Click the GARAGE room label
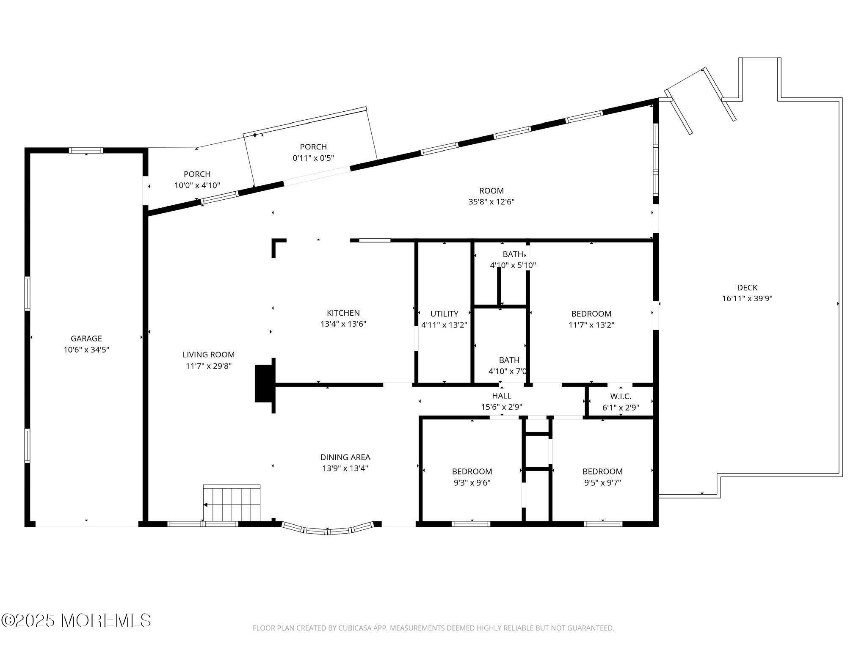tap(86, 339)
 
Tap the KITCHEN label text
tap(343, 313)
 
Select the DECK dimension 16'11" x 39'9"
tap(747, 298)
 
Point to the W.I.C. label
tap(621, 397)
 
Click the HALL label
tap(502, 396)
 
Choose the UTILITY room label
tap(444, 314)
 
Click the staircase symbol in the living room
tap(232, 504)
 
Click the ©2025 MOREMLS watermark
tap(76, 621)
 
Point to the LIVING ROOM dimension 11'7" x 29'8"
tap(209, 366)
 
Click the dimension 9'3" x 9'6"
tap(472, 483)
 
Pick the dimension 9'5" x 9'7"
tap(602, 483)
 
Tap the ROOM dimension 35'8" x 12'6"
tap(491, 202)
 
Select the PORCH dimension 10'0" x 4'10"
tap(197, 185)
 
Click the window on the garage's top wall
tap(86, 150)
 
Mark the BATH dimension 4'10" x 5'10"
tap(513, 266)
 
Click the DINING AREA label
tap(345, 457)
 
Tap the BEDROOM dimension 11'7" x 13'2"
tap(591, 325)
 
